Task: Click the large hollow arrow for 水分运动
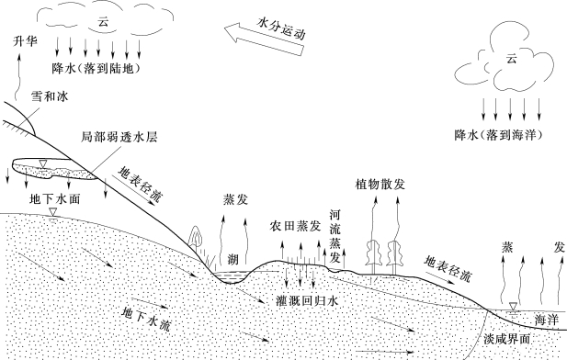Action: click(264, 39)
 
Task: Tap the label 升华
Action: click(25, 40)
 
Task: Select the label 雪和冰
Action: click(50, 96)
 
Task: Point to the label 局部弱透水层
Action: click(119, 138)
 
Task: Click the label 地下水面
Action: click(54, 199)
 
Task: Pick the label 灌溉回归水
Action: click(307, 300)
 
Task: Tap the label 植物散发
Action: click(380, 185)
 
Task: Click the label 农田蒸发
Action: click(295, 226)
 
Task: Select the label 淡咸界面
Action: click(506, 339)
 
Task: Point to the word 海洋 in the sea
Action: click(547, 320)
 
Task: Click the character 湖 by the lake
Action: click(233, 259)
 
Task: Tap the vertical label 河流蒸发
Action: click(335, 236)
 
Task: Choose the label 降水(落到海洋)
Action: click(499, 135)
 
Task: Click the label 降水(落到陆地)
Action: click(96, 68)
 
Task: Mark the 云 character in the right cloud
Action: click(511, 59)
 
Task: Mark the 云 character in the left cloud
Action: click(103, 22)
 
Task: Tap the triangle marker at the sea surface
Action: click(513, 307)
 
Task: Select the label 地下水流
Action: click(146, 319)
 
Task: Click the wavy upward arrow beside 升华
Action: click(17, 76)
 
